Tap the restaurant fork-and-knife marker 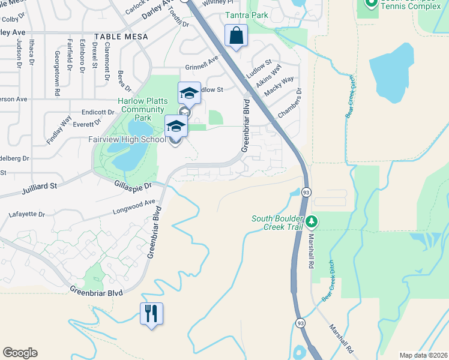coord(151,313)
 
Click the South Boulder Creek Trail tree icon coord(311,223)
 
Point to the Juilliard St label coord(38,187)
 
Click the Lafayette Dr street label coord(27,214)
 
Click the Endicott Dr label coord(98,112)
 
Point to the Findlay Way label coord(58,129)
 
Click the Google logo coord(20,353)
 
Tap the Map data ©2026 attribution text coord(423,355)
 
